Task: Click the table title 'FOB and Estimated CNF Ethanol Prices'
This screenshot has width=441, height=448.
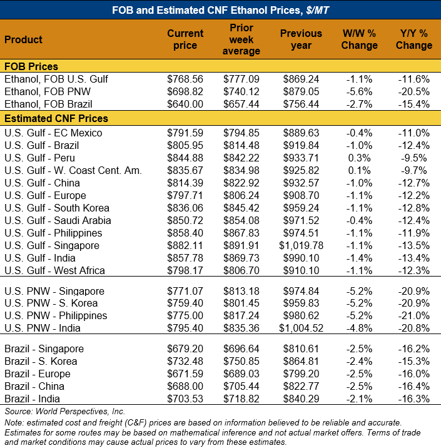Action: pos(220,10)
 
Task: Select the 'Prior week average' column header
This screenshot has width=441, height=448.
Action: pos(241,39)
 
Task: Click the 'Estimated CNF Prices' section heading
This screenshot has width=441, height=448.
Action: pos(56,118)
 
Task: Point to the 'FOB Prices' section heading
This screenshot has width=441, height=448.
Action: pos(31,66)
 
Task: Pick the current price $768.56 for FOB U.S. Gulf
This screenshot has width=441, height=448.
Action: pos(185,79)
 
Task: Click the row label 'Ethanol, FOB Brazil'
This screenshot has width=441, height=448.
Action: pos(48,104)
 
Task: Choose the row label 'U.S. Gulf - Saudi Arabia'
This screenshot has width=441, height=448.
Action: pos(57,220)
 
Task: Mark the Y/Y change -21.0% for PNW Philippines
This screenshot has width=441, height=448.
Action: pos(413,315)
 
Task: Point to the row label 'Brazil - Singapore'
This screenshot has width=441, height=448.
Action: pos(44,349)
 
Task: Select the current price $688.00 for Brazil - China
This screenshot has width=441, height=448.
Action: pos(185,386)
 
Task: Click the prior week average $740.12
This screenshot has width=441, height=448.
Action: pos(241,92)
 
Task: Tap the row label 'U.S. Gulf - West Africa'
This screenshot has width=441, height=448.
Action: pos(54,270)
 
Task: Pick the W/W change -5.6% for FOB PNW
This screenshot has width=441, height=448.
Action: pos(360,92)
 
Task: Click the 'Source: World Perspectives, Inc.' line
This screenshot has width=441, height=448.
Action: pos(64,411)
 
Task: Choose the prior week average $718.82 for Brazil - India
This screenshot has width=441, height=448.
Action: pos(241,399)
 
